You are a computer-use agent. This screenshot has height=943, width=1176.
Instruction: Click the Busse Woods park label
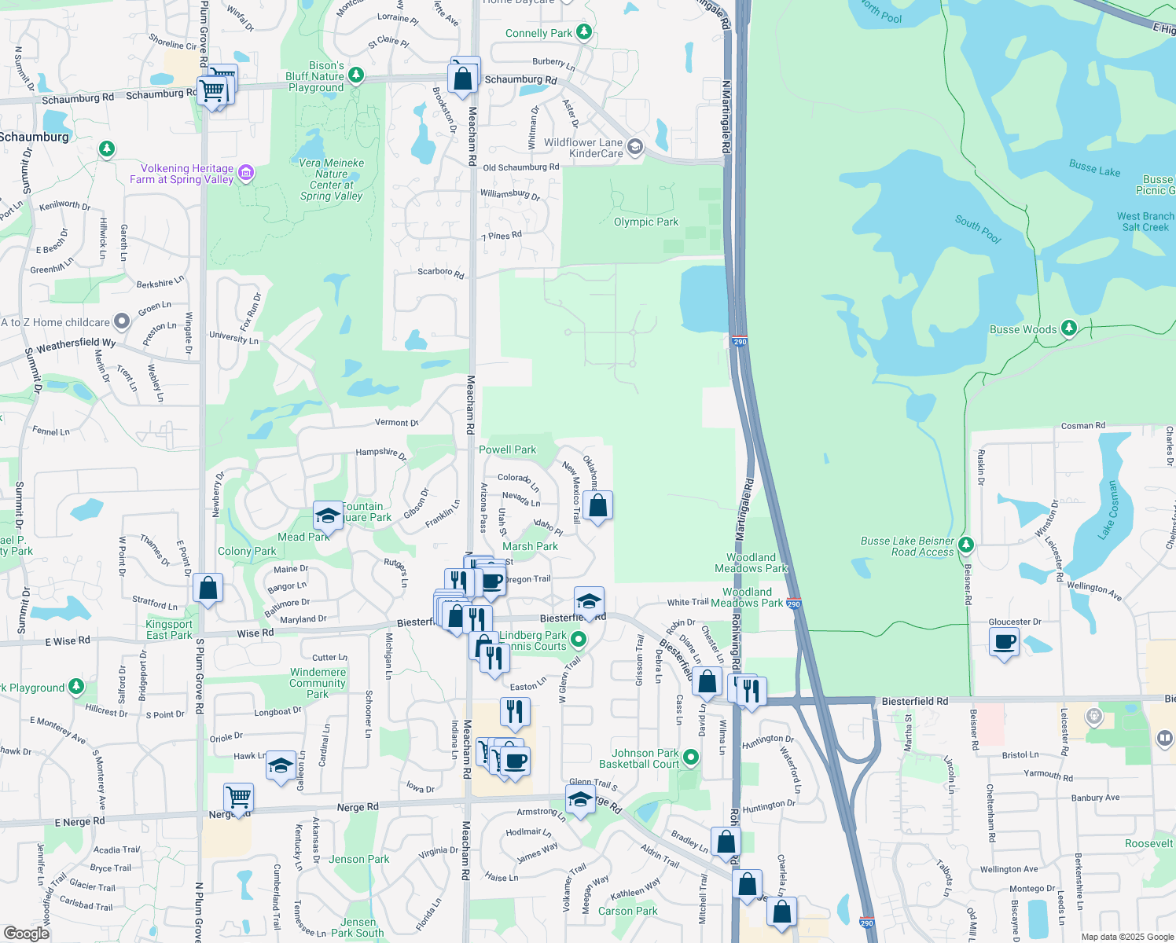point(1023,329)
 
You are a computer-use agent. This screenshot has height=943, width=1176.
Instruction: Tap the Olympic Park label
point(645,222)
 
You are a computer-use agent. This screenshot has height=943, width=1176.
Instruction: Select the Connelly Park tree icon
point(583,32)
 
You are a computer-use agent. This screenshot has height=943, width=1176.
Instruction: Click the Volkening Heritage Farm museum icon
point(246,173)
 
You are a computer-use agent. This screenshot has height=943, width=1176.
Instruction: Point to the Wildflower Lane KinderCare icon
point(635,147)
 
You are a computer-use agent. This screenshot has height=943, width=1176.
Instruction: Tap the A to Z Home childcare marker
point(122,321)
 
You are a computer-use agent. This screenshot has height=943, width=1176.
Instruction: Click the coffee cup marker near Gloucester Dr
point(1005,642)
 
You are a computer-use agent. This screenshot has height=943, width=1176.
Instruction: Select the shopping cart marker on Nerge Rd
point(238,798)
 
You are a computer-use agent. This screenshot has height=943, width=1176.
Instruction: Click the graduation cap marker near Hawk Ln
point(281,765)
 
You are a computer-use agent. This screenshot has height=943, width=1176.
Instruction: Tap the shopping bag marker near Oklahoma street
point(598,505)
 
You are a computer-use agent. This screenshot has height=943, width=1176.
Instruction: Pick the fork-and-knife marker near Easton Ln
point(515,711)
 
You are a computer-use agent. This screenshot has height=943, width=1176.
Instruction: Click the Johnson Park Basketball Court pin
point(691,758)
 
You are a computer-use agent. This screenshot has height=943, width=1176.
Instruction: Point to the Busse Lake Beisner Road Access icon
point(966,545)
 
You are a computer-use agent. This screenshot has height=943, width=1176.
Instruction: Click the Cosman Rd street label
point(1082,426)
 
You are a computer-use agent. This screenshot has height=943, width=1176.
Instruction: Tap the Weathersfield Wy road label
point(75,344)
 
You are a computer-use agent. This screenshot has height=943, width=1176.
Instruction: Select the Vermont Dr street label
point(396,423)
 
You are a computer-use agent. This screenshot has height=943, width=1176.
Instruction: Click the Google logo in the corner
point(26,933)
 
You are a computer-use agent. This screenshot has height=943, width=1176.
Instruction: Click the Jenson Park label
point(358,859)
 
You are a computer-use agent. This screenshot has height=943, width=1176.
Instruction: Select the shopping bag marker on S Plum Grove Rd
point(208,588)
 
